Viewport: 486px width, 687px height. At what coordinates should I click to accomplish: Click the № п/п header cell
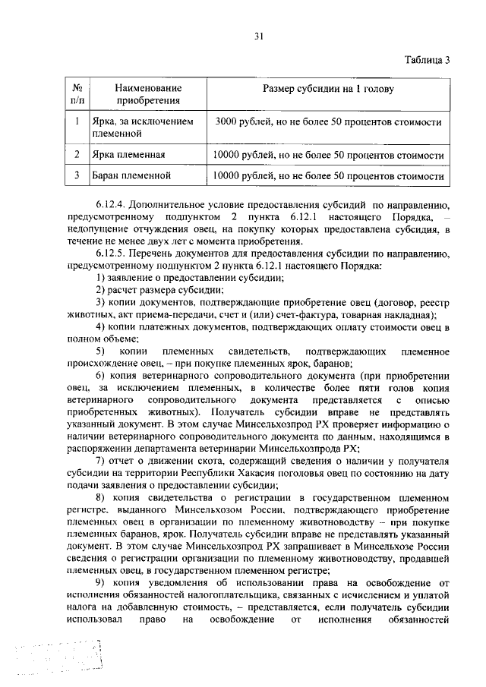tap(77, 94)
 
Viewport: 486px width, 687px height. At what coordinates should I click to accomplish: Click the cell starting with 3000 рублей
tap(328, 121)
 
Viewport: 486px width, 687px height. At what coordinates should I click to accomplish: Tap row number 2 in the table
tap(77, 155)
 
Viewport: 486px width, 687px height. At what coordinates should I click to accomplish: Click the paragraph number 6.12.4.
tap(113, 205)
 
